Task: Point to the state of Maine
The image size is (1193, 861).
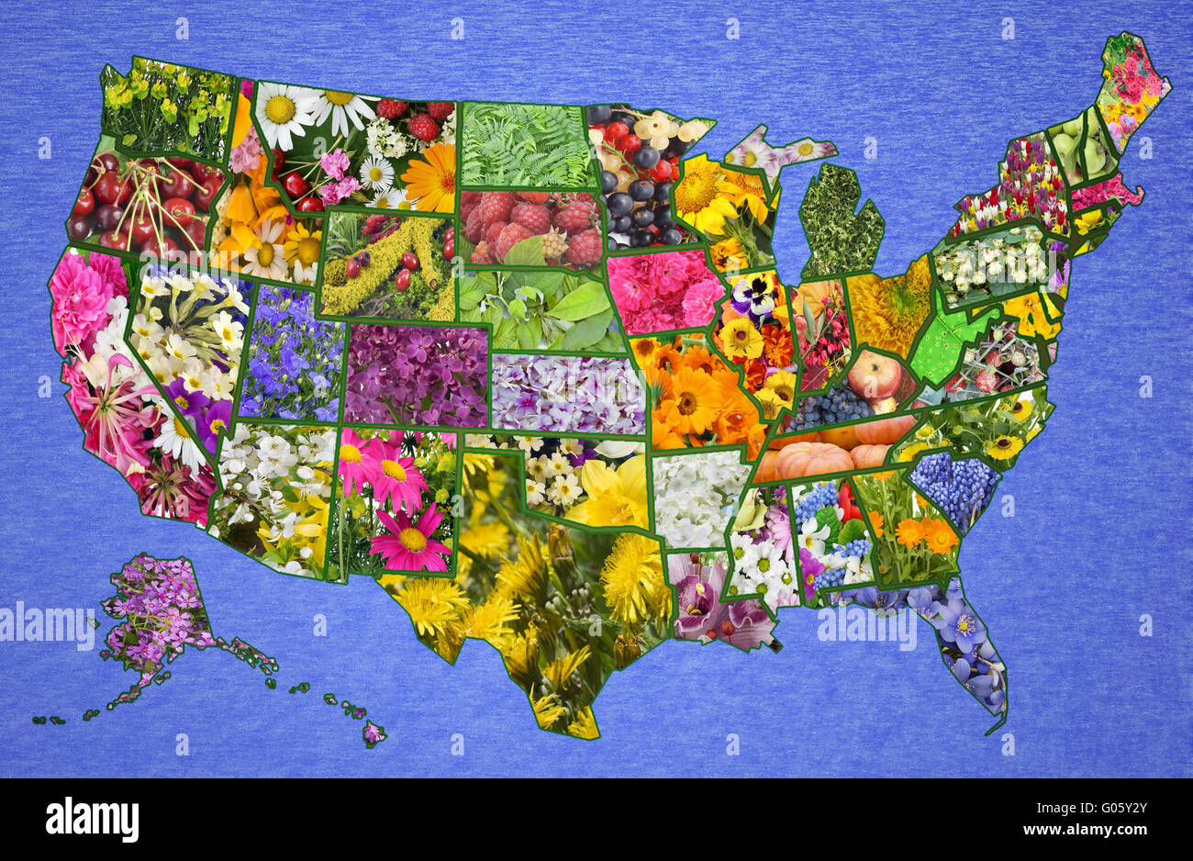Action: (x=1133, y=83)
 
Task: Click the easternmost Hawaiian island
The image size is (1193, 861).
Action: (x=373, y=732)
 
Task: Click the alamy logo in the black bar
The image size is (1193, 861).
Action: (x=93, y=820)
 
